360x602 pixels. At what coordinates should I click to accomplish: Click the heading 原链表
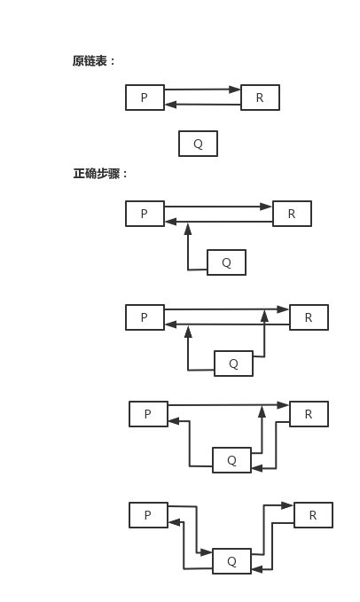94,61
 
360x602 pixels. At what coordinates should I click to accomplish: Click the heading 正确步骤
100,174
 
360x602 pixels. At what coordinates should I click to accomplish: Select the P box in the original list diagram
145,98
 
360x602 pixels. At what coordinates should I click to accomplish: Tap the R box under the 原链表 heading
260,98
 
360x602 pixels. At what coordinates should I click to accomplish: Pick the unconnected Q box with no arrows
198,144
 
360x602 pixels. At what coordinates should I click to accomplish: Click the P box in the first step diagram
145,214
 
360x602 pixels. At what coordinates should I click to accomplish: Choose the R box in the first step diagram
292,214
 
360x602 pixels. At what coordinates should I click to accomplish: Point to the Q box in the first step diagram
226,262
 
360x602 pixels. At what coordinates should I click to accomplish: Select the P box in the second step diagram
145,317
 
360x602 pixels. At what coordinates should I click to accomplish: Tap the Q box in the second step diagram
233,364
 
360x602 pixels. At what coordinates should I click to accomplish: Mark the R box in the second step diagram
309,317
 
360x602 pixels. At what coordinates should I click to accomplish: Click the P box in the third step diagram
148,414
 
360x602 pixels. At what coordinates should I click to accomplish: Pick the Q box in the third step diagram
231,460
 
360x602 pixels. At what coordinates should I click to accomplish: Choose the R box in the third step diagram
309,414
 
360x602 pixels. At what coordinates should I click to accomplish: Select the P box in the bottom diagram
148,515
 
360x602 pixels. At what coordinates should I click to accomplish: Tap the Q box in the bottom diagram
231,561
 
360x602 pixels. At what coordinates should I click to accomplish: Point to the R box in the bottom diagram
313,515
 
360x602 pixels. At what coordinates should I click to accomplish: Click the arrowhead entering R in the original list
235,90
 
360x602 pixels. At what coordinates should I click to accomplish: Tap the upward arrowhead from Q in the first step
188,229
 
